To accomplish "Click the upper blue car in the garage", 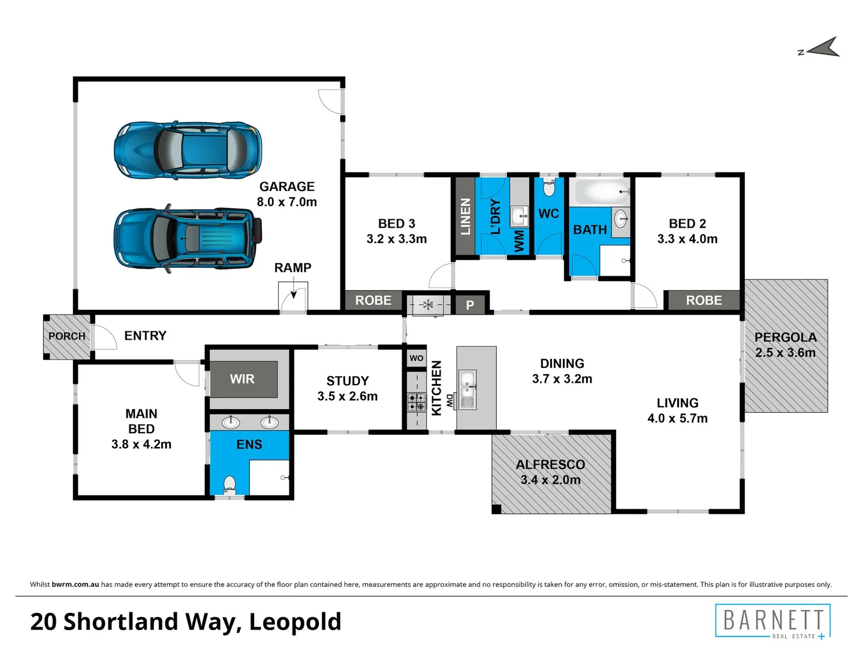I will (x=188, y=150).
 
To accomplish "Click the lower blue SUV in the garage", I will (x=188, y=238).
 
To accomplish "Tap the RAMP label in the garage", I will (x=292, y=268).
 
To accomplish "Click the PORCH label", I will (x=67, y=336).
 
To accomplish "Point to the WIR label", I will (x=242, y=379).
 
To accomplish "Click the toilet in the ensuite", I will (x=230, y=482).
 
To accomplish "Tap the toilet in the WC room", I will (x=549, y=189).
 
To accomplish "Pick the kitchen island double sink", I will (x=467, y=389).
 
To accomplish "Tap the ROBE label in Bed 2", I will (x=704, y=300).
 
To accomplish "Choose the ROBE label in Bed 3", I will (x=373, y=300).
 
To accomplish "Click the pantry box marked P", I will (x=470, y=305).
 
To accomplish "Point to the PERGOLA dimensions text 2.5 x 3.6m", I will (x=785, y=353).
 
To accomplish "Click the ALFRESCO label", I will (x=550, y=464).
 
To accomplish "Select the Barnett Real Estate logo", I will (x=773, y=622).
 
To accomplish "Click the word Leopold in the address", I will (x=295, y=622).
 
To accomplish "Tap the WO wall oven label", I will (x=417, y=358).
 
